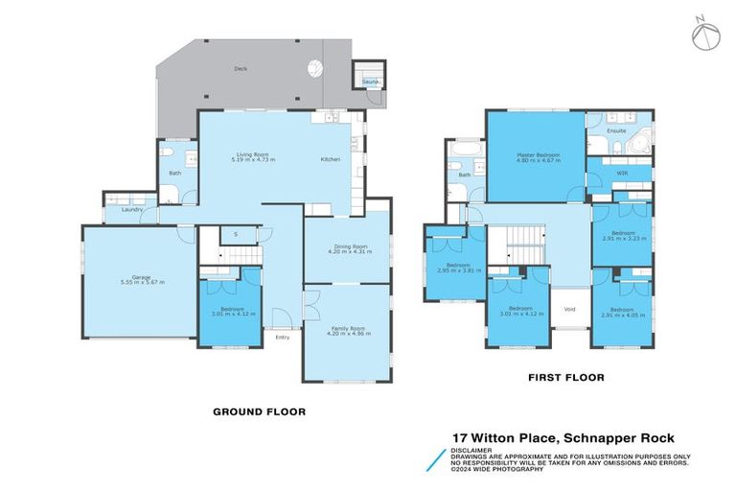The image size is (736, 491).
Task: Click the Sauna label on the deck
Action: (369, 83)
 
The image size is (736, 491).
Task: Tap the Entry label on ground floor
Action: (282, 337)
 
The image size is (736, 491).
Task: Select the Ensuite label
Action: (617, 129)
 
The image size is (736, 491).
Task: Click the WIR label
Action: (621, 174)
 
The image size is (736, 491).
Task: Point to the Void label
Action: (570, 309)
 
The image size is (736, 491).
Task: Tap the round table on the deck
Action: (313, 68)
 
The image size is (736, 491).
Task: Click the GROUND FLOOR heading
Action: (259, 411)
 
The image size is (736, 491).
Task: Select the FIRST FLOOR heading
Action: (566, 378)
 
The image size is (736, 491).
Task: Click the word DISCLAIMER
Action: (473, 449)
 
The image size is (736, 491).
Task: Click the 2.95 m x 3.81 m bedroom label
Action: (457, 268)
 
